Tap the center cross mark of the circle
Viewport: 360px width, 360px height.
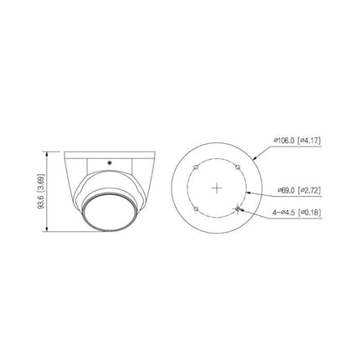(x=218, y=188)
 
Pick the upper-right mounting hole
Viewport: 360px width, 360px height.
(x=239, y=167)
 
